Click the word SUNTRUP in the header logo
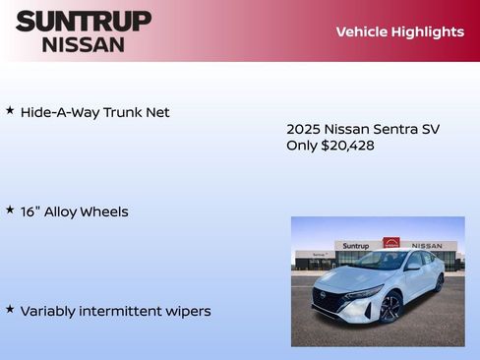point(84,21)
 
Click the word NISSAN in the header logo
point(84,44)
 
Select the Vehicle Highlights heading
point(399,31)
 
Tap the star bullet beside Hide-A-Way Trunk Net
point(10,111)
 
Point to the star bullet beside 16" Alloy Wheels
point(10,210)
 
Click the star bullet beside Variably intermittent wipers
point(10,310)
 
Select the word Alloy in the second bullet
point(65,211)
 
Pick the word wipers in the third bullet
point(188,311)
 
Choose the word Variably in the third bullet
point(49,311)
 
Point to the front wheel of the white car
point(390,308)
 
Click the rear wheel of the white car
point(439,283)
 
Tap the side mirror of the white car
point(413,266)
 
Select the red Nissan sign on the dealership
point(391,243)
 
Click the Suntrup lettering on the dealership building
point(355,246)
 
